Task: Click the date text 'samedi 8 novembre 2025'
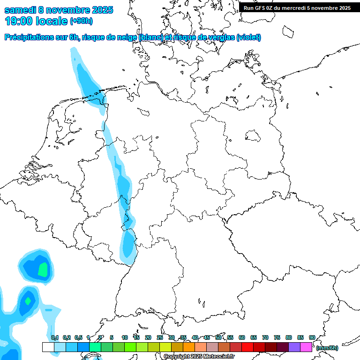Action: (x=59, y=10)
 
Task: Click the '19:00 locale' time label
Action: (x=36, y=21)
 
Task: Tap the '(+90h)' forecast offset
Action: (x=82, y=21)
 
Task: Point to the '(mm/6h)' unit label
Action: (x=326, y=348)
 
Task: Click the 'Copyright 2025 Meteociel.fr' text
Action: (x=199, y=356)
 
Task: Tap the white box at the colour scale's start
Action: (x=48, y=347)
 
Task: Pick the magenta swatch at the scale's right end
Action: (x=306, y=347)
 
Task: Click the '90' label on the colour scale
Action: (x=312, y=337)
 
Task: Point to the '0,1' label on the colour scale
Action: (x=55, y=337)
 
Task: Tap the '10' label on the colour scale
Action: (x=125, y=337)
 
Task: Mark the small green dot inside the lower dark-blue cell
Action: (x=28, y=300)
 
